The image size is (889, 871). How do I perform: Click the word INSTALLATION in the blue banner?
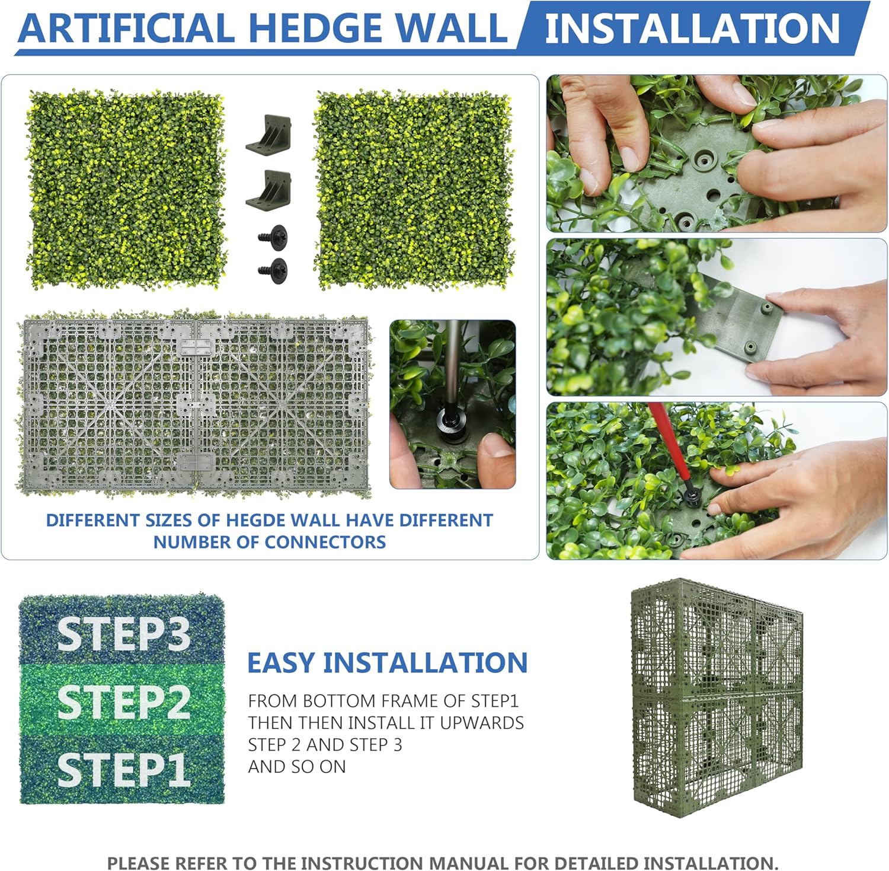(692, 28)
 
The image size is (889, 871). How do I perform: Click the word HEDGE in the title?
(315, 28)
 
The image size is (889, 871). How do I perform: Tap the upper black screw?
(274, 236)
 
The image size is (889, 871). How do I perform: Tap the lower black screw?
(274, 270)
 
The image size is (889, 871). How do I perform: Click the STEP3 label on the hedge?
(123, 634)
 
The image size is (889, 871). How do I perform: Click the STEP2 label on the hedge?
(123, 703)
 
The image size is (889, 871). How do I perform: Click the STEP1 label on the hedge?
(123, 770)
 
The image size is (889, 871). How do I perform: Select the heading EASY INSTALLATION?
(387, 663)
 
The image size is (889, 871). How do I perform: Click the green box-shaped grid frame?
(716, 697)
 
